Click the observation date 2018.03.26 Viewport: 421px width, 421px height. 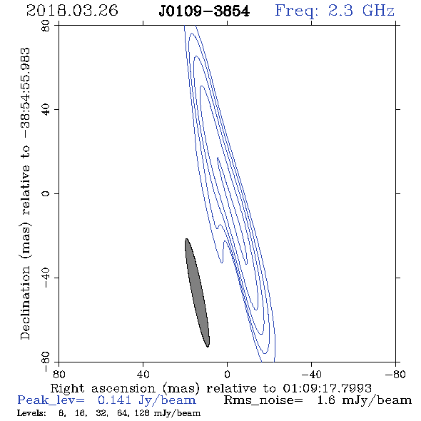(x=72, y=11)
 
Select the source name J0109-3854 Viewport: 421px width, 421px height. (x=204, y=11)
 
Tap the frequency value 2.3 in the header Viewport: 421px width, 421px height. (x=340, y=11)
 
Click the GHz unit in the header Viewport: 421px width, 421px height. (x=378, y=11)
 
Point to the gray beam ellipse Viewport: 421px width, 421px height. (x=197, y=293)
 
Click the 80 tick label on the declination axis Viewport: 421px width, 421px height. (x=46, y=26)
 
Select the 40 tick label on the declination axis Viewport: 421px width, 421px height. (x=46, y=110)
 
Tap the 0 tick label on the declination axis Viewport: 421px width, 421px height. (x=46, y=193)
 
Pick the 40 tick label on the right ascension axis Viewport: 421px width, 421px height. (x=143, y=374)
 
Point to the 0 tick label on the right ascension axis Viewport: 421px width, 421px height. (x=227, y=374)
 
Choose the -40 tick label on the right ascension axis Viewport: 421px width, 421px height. (x=311, y=374)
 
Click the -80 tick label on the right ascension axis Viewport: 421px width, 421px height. (x=395, y=374)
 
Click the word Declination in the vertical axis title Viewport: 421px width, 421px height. (x=25, y=303)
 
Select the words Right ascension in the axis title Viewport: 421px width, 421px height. (x=103, y=388)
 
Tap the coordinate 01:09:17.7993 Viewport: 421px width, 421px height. (x=327, y=388)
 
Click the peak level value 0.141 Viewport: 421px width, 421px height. (x=114, y=400)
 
